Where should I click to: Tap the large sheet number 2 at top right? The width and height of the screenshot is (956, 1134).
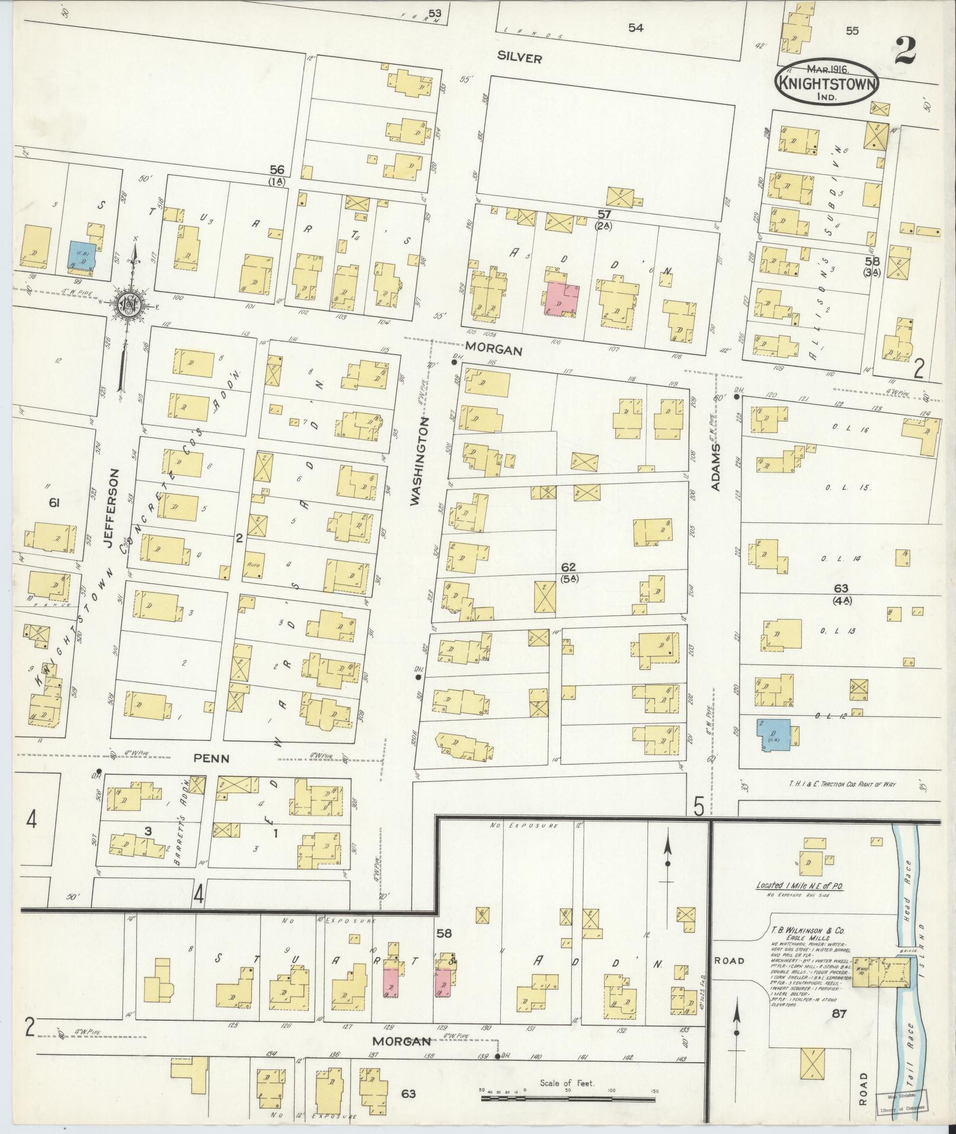[905, 51]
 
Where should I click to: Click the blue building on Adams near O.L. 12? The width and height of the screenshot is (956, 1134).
[773, 737]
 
